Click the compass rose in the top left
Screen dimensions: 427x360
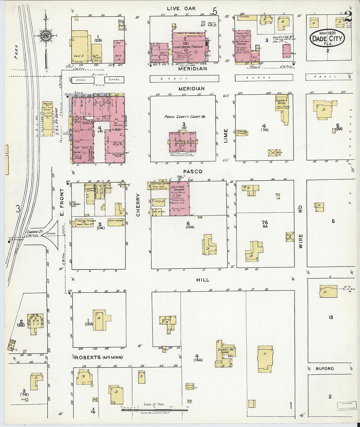[x=45, y=35]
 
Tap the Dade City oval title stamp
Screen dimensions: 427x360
[x=327, y=39]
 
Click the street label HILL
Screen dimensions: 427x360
[x=203, y=280]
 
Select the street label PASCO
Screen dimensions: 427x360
[x=192, y=171]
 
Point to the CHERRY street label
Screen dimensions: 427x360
[x=138, y=205]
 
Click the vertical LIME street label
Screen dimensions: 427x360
[x=225, y=135]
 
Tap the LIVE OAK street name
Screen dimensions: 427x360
[x=181, y=8]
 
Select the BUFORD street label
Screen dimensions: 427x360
[x=325, y=368]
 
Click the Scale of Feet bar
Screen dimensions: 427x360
[x=154, y=409]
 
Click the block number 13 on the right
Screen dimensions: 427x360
[x=331, y=317]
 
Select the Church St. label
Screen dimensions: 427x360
[x=35, y=232]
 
